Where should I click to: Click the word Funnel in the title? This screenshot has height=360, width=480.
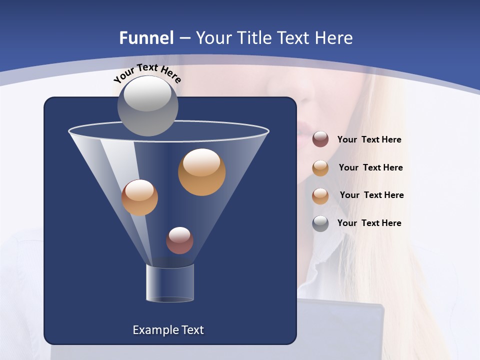point(146,38)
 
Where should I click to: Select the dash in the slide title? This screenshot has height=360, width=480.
point(184,38)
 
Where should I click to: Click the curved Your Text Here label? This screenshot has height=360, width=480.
point(147,72)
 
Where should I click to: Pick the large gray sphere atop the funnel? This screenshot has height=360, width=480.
point(148,106)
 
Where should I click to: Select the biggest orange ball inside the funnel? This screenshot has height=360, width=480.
point(201,172)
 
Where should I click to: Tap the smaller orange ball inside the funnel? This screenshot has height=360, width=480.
point(139,197)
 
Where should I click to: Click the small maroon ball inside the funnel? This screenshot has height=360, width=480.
point(179,240)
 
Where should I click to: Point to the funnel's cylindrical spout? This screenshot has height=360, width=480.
point(170,283)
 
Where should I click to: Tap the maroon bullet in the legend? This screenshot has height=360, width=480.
point(320,139)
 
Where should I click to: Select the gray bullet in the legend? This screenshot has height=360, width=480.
point(320,223)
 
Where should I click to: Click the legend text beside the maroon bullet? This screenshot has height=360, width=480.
point(369,139)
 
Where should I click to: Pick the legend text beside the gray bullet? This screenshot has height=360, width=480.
point(369,223)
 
